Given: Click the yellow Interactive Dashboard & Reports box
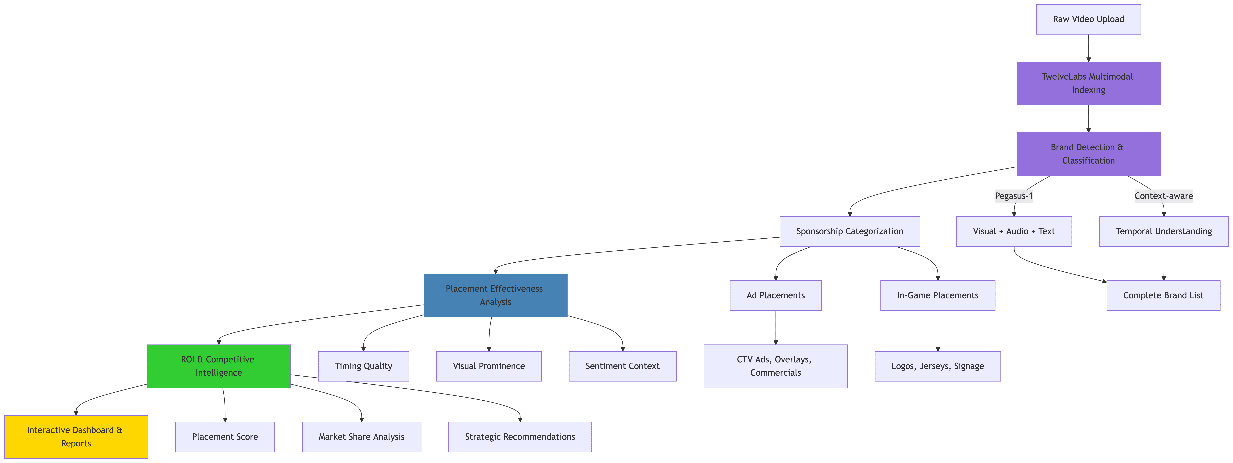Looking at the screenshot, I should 76,437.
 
